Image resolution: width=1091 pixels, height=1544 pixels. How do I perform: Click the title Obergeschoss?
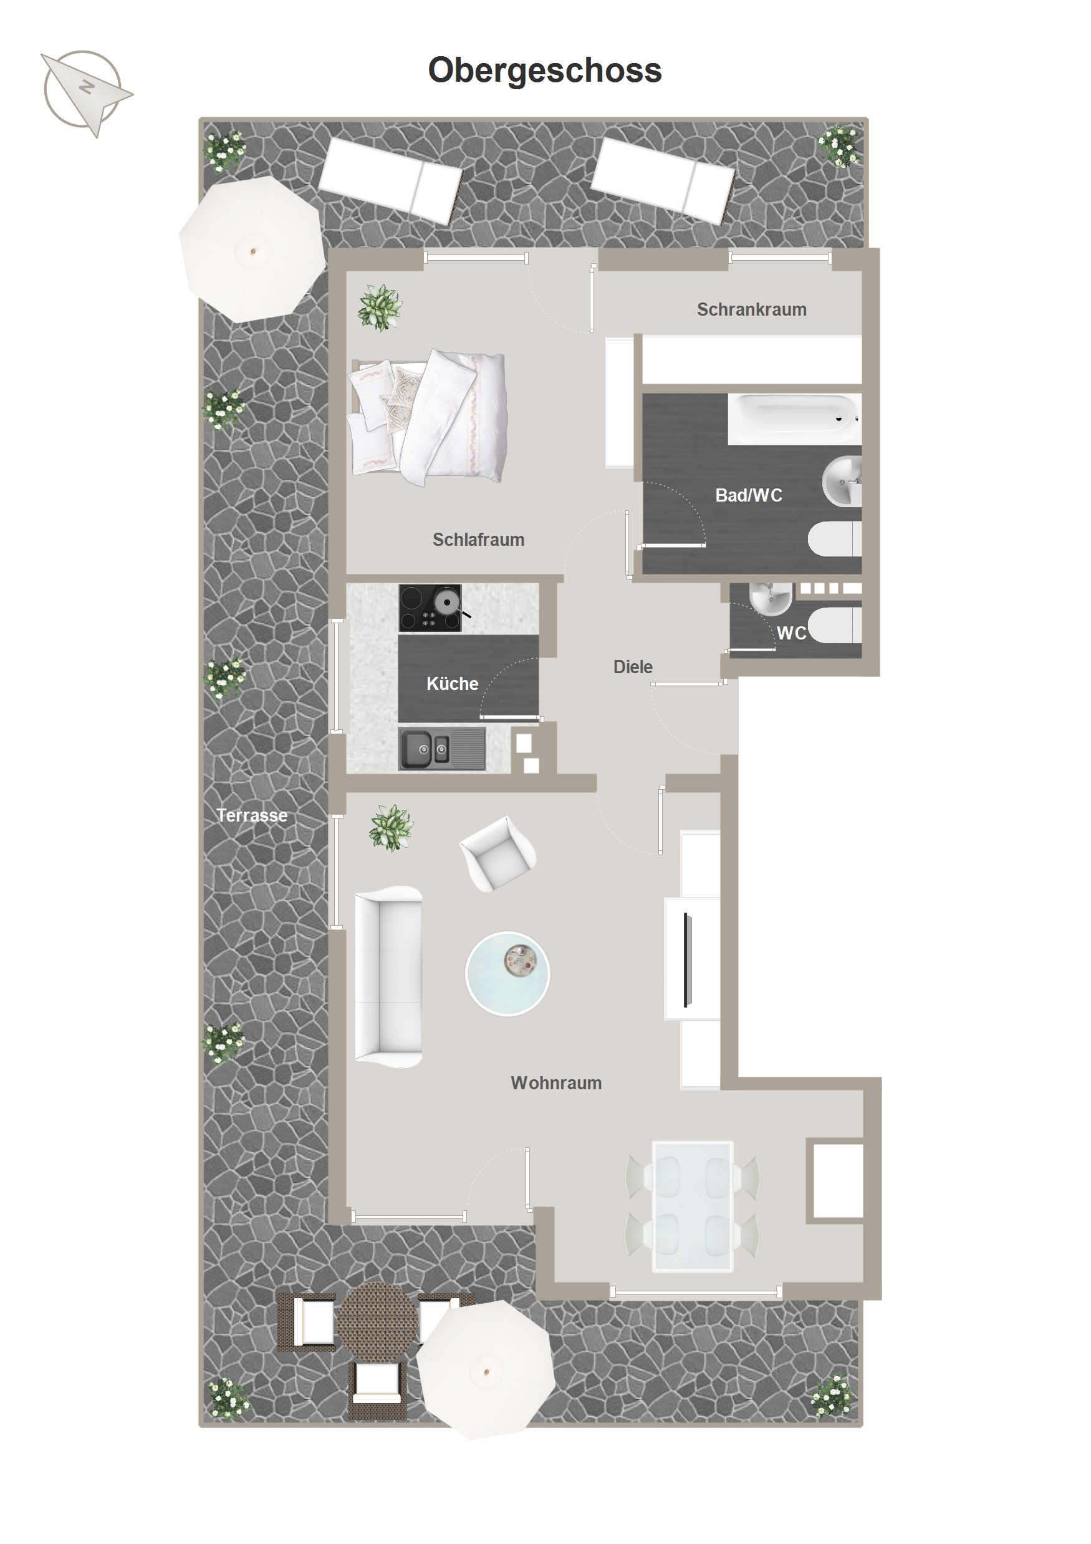click(x=544, y=70)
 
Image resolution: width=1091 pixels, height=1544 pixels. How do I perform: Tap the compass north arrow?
click(x=87, y=94)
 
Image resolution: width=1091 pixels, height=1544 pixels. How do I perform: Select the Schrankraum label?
click(x=751, y=309)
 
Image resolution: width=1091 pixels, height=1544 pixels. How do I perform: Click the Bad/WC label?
click(x=749, y=495)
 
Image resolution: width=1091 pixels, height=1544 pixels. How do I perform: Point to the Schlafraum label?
click(x=478, y=540)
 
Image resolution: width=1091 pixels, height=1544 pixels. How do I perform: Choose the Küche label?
click(x=453, y=683)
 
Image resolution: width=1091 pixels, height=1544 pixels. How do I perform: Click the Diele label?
click(x=633, y=666)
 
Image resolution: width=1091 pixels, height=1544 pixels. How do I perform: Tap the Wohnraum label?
click(x=556, y=1083)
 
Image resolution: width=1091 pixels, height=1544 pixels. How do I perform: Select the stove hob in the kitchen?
click(x=430, y=608)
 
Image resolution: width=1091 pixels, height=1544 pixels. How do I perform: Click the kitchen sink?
click(x=441, y=749)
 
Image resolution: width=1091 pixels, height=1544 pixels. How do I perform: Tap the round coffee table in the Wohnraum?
click(x=507, y=974)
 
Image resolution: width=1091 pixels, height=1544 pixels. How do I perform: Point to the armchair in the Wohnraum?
click(x=497, y=853)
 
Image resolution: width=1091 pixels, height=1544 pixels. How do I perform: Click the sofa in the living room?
click(x=388, y=976)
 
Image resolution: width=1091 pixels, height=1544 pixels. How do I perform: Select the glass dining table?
click(x=693, y=1206)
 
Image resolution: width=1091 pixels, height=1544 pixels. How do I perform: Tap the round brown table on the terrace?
click(x=377, y=1321)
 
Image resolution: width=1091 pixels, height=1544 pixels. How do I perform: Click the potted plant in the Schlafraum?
click(x=380, y=308)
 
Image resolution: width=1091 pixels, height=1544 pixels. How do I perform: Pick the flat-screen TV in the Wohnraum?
click(x=687, y=959)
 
